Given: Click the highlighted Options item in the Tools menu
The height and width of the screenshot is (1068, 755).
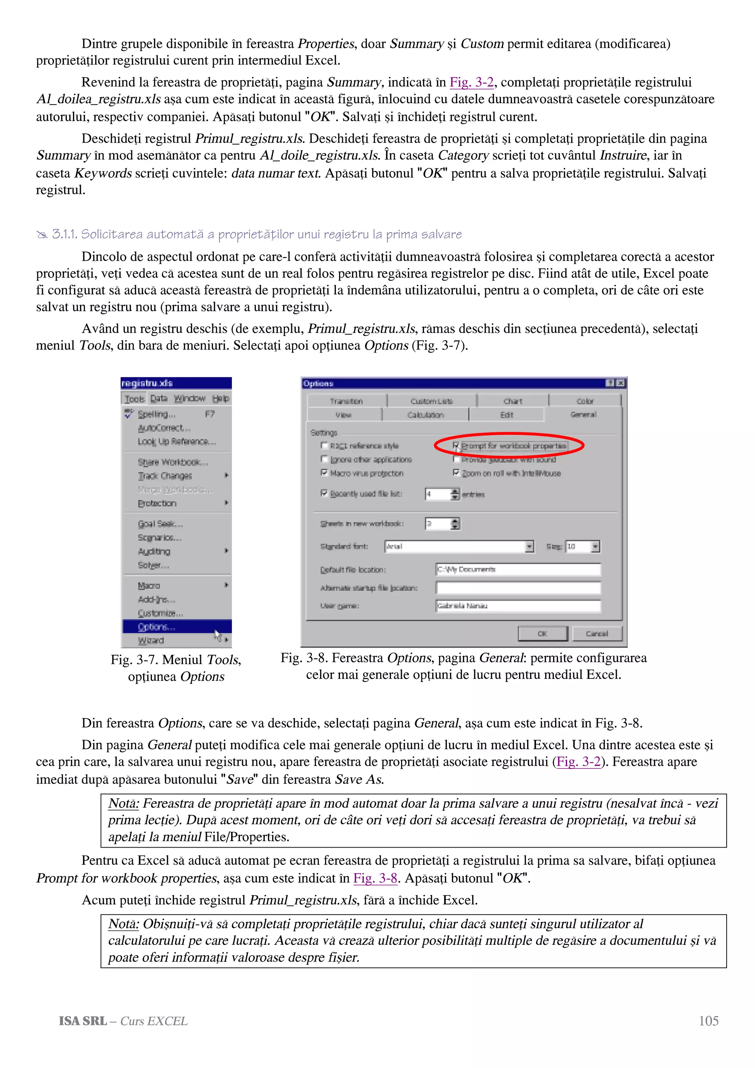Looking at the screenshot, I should coord(157,627).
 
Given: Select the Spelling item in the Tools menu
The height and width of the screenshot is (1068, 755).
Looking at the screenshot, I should coord(156,414).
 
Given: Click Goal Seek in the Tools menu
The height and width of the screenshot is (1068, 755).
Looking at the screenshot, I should coord(160,524).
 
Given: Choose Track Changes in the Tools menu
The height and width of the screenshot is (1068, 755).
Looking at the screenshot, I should coord(165,476).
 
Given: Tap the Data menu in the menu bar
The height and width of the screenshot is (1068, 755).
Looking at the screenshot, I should coord(159,399).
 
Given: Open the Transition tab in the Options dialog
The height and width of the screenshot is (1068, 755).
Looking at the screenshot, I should coord(346,401).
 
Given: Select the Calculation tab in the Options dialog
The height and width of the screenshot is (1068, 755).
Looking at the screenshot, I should coord(425,415).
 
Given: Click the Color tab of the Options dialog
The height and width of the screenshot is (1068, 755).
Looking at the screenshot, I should coord(585,401).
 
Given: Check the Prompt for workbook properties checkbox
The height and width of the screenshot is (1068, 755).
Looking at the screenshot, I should coord(456,446).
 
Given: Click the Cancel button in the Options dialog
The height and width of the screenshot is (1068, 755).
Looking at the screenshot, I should coord(597,634).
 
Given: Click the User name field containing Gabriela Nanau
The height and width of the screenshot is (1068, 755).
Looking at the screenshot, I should coord(518,605).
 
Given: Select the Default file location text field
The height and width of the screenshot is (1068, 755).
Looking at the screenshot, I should coord(518,569).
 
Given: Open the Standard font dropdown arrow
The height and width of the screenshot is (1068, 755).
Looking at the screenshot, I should coord(529,547).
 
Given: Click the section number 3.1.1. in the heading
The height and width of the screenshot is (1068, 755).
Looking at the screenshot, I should coord(64,234).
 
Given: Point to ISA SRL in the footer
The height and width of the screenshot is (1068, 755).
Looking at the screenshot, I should coord(83,1021).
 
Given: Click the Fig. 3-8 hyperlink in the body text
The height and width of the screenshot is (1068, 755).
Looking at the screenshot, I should coord(375,878).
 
